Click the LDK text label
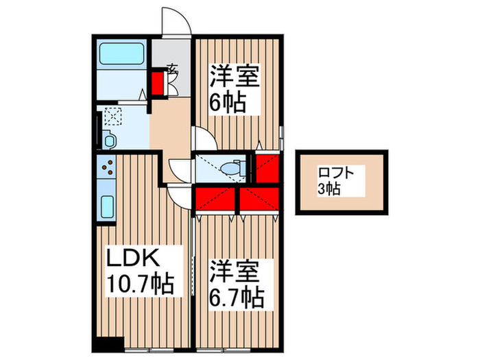coord(132,259)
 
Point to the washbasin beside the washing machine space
coord(109,141)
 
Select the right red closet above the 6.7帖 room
coord(259,197)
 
